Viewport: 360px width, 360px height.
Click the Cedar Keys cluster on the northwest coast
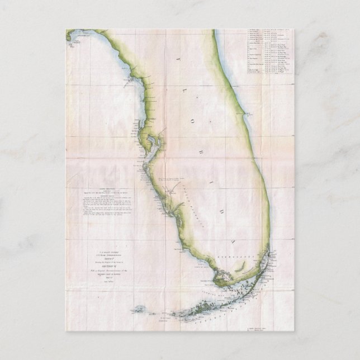tap(131, 83)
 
